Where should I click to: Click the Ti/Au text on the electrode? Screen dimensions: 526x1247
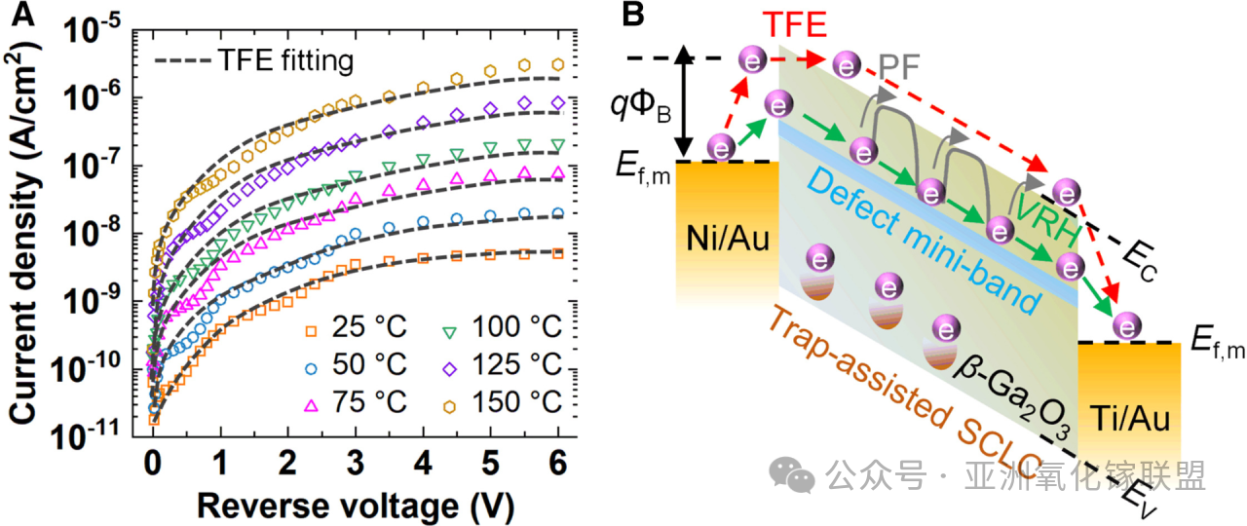pos(1127,421)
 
